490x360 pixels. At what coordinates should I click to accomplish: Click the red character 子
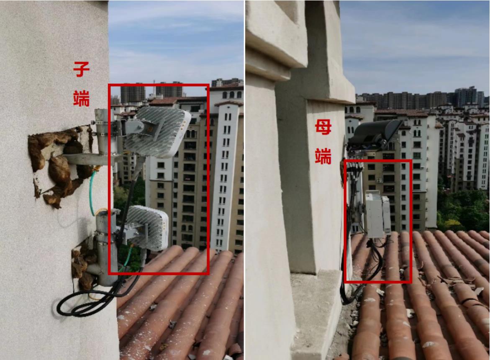(82, 69)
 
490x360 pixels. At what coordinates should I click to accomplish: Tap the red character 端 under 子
(82, 98)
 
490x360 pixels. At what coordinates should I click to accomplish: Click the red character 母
(323, 127)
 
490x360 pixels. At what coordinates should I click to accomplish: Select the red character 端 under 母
(323, 156)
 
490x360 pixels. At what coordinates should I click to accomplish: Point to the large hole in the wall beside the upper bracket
(59, 166)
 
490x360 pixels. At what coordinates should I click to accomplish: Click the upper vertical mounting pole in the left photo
(101, 131)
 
